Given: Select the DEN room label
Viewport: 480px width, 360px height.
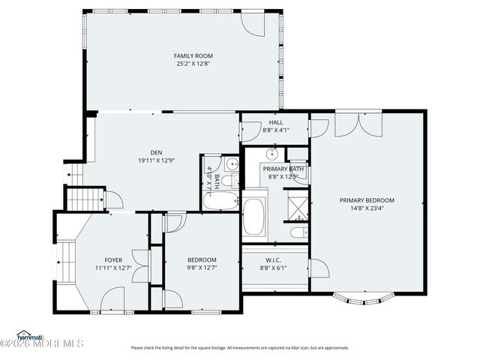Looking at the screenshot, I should coord(155,151).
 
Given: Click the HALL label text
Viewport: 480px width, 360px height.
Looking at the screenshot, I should coord(275,122).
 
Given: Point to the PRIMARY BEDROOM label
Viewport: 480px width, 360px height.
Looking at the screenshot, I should coord(366,200).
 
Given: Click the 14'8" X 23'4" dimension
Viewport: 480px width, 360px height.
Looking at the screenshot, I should coord(366,209).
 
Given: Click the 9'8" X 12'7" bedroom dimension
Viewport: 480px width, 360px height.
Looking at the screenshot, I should coord(202,268).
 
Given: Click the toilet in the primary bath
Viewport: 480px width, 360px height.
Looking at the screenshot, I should coord(298,233).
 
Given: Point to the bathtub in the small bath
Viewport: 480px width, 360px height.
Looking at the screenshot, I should coord(220,200).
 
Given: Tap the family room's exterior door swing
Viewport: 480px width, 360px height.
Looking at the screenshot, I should coord(254,25).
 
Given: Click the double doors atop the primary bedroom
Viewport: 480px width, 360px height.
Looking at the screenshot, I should coord(359,124).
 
